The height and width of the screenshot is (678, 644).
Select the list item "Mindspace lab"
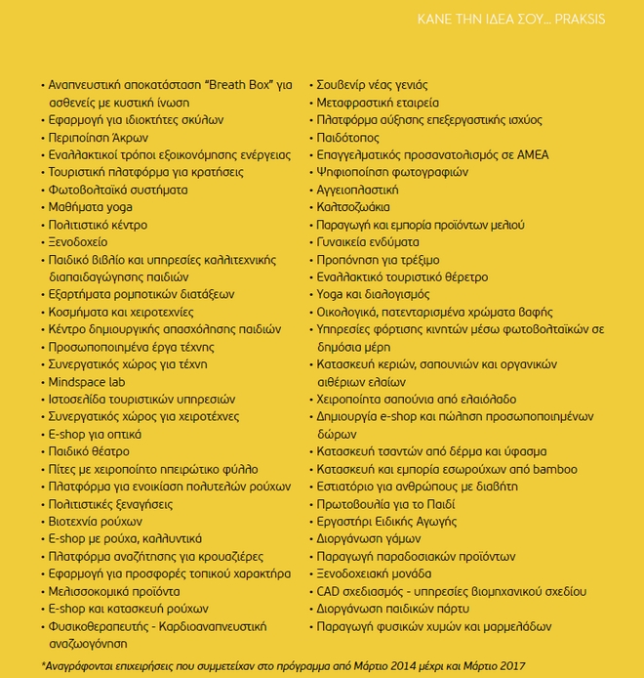(87, 382)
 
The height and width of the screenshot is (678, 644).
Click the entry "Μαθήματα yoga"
(90, 207)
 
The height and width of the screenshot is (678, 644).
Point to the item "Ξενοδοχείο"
(79, 242)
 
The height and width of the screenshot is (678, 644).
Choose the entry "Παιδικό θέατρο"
(89, 451)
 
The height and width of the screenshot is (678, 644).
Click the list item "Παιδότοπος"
(348, 138)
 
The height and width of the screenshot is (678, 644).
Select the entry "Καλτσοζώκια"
(353, 207)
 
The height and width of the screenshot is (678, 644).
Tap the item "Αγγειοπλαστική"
(357, 190)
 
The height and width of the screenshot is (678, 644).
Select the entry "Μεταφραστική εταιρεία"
(378, 103)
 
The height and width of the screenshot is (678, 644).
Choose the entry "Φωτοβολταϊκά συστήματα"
(118, 190)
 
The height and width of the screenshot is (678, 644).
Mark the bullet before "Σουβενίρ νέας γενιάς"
(310, 86)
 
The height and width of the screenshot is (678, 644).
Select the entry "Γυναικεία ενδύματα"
(368, 242)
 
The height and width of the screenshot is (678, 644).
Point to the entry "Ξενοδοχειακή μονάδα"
(374, 573)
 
